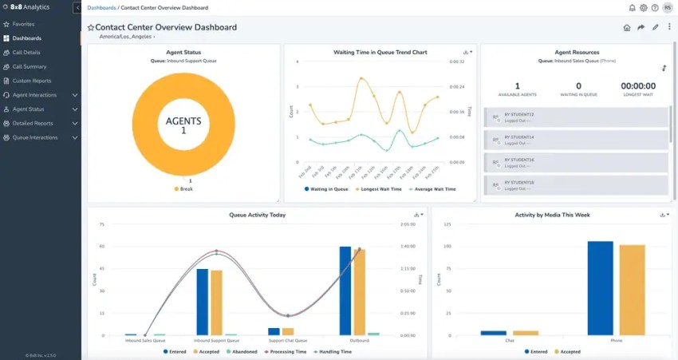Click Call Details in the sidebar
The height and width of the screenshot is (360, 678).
(26, 52)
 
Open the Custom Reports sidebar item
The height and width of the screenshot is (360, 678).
(31, 81)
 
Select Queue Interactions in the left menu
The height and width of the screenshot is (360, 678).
(35, 137)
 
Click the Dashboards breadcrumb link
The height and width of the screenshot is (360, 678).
(101, 7)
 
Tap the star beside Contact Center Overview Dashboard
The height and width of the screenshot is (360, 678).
(91, 27)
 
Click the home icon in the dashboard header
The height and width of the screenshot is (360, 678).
(627, 27)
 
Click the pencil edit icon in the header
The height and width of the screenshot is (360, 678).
(655, 27)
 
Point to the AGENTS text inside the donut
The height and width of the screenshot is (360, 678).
(183, 121)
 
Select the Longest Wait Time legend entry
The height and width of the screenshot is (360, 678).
(379, 189)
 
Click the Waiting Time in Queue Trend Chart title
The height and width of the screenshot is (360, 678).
(380, 52)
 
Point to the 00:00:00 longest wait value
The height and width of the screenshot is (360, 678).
(637, 86)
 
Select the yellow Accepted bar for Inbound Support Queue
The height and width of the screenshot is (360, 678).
(216, 303)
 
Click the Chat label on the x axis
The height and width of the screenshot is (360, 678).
(509, 340)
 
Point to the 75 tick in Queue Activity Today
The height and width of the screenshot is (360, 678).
(102, 224)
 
